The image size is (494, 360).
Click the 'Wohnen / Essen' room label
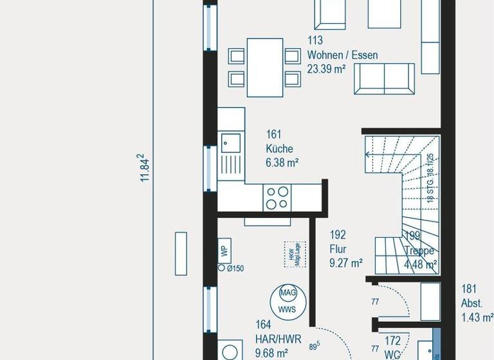[342, 55]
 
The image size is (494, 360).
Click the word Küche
[279, 148]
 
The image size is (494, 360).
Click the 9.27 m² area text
[346, 262]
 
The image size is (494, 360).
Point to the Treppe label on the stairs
[419, 251]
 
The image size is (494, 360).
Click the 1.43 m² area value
[476, 316]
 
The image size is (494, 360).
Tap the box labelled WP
[224, 251]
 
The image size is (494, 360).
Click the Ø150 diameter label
[234, 269]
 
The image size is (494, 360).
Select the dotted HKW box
[294, 253]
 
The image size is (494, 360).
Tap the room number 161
[274, 134]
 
